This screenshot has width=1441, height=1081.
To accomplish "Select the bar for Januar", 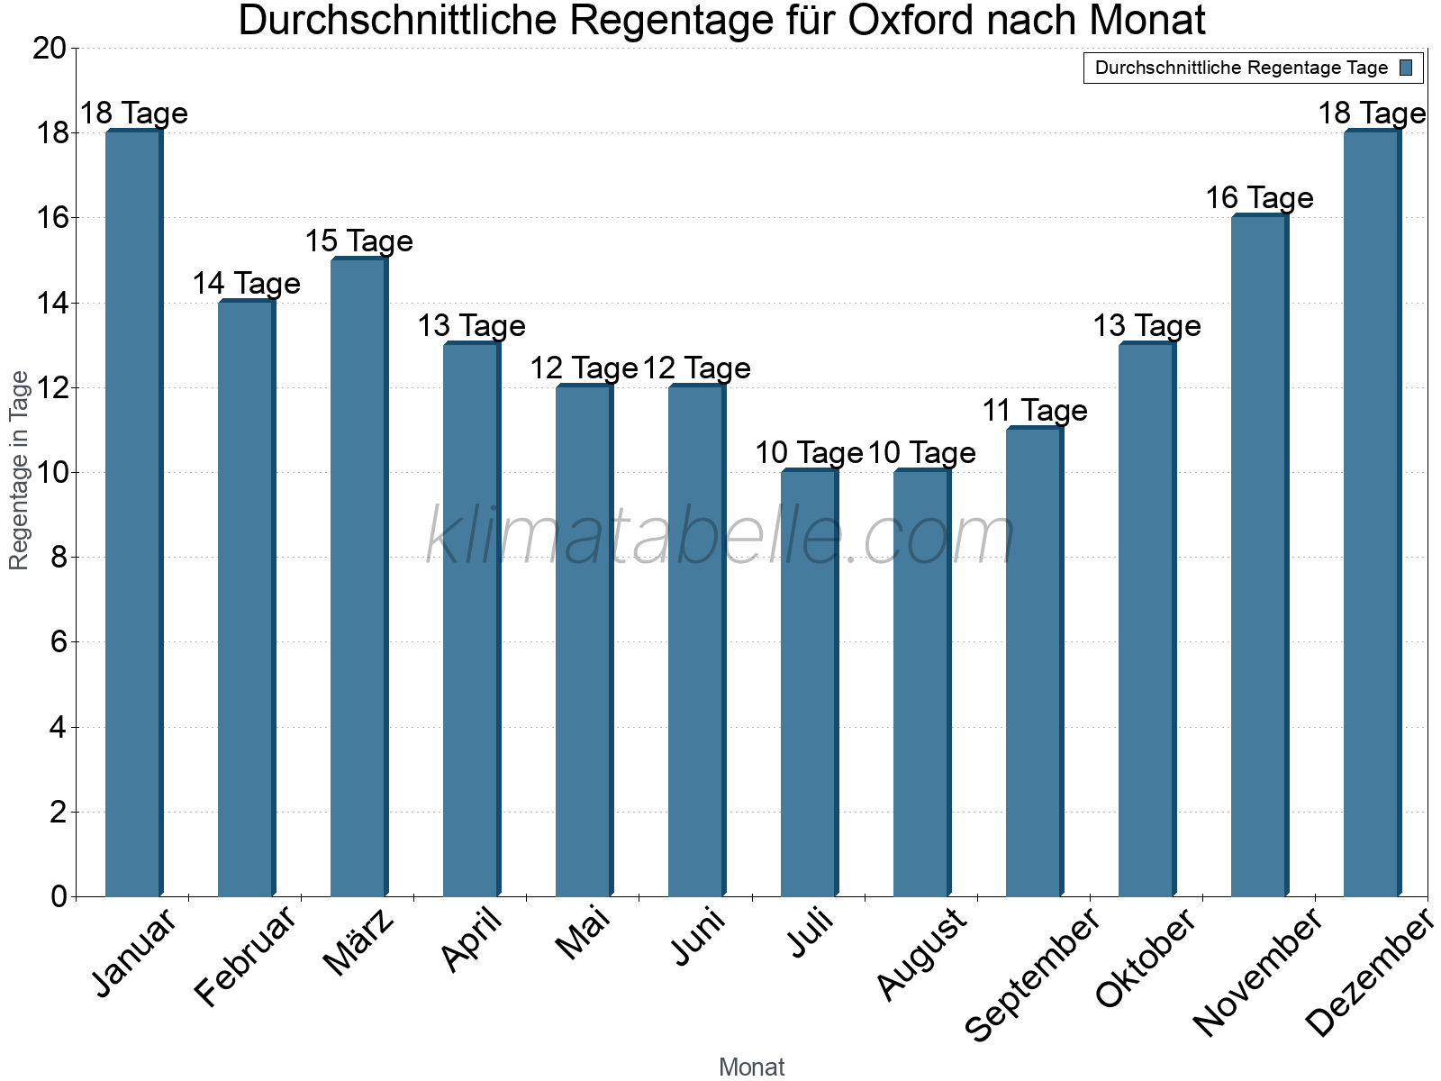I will point(133,513).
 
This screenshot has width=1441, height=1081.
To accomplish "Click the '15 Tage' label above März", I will point(358,241).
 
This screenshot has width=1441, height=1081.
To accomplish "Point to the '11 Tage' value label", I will point(1034,411).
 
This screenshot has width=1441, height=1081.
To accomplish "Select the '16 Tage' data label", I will point(1259,198).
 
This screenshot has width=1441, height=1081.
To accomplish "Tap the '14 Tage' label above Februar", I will point(246,284).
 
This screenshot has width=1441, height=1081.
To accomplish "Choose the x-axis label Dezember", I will point(1369,973).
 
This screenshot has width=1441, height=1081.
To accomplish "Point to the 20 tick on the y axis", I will point(50,49).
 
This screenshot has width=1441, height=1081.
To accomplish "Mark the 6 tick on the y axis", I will point(59,642).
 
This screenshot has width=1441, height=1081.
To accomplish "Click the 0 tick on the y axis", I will point(59,896).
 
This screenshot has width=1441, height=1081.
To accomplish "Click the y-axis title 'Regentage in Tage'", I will point(19,470).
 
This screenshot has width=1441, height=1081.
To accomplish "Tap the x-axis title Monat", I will point(752,1067).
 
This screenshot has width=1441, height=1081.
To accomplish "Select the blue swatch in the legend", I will point(1406,68).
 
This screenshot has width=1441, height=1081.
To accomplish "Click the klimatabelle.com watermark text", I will point(720,537).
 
